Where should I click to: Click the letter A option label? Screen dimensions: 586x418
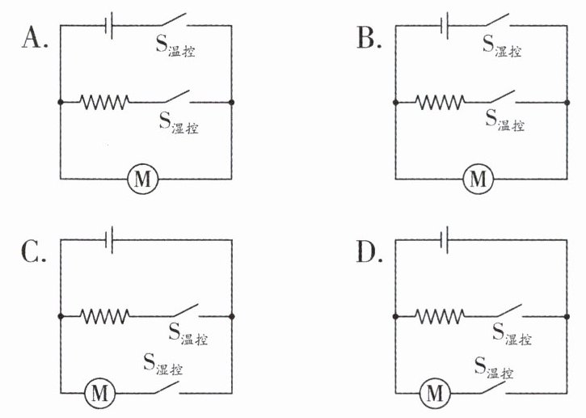[x=35, y=38]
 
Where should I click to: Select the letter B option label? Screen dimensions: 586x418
[x=369, y=38]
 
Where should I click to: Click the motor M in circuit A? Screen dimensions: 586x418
[x=143, y=179]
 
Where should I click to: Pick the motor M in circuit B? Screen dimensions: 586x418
[x=478, y=179]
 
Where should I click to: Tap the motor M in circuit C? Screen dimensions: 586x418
[x=99, y=393]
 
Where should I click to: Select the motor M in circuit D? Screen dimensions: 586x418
[x=435, y=393]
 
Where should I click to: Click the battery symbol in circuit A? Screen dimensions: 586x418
[x=109, y=25]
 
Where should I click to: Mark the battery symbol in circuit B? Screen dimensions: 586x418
[x=445, y=25]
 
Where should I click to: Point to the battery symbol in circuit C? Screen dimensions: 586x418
[x=109, y=239]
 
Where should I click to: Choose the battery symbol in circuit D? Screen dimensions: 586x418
[x=445, y=239]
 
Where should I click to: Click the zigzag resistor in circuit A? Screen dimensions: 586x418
[x=104, y=102]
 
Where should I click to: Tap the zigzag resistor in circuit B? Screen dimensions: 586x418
[x=440, y=102]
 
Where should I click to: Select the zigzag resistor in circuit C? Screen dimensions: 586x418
[x=105, y=316]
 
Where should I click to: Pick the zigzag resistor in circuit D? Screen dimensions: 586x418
[x=440, y=316]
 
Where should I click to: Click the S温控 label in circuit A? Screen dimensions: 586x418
[x=175, y=46]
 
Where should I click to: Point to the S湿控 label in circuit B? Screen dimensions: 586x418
[x=502, y=46]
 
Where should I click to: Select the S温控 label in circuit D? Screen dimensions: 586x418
[x=494, y=368]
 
